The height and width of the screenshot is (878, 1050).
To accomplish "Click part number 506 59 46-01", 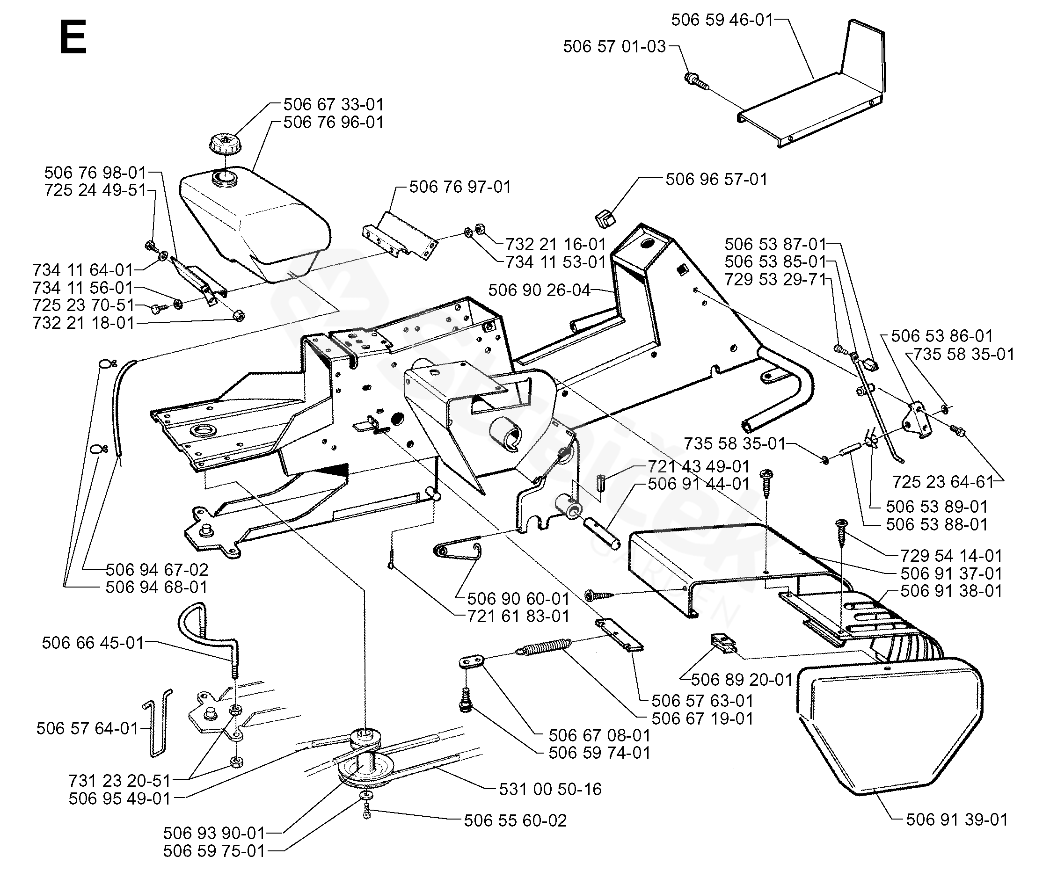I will [722, 20].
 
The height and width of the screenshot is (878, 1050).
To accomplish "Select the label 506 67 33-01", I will [334, 105].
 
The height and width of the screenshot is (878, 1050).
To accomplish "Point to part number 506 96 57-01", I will [716, 180].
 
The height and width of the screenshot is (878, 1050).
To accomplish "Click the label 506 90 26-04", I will [540, 290].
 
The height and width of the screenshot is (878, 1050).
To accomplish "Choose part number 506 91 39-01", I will [956, 820].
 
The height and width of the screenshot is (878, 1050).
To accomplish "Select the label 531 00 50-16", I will [550, 789].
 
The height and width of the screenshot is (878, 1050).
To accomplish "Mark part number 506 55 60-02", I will [515, 820].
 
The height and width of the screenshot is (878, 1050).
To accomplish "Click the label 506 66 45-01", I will [93, 643].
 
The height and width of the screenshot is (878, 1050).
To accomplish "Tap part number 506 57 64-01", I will [87, 729].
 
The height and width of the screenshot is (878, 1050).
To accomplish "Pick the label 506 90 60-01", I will [518, 599].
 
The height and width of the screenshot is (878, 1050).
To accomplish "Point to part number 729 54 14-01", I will [951, 556].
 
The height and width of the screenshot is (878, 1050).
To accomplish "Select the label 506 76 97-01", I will [460, 187].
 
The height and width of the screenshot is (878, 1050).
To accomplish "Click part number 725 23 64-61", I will [943, 482].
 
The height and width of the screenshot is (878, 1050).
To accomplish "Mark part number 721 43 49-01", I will [699, 467].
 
